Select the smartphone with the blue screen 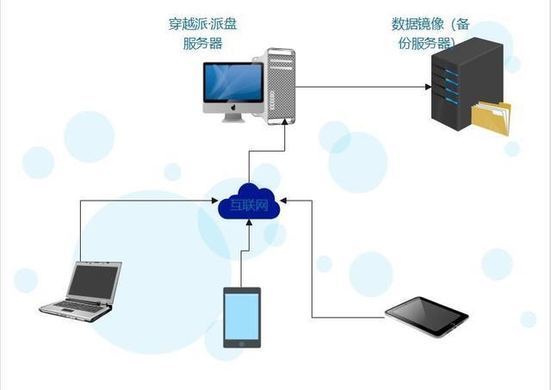tap(242, 317)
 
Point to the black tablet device tap(426, 316)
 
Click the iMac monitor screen tap(233, 83)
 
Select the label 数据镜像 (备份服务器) tap(430, 34)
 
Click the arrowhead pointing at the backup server tap(427, 86)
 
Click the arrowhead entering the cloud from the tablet tap(286, 201)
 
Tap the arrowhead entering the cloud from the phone tap(250, 223)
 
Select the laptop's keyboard tap(75, 306)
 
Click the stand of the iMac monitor tap(233, 117)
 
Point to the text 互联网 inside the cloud tap(250, 205)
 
